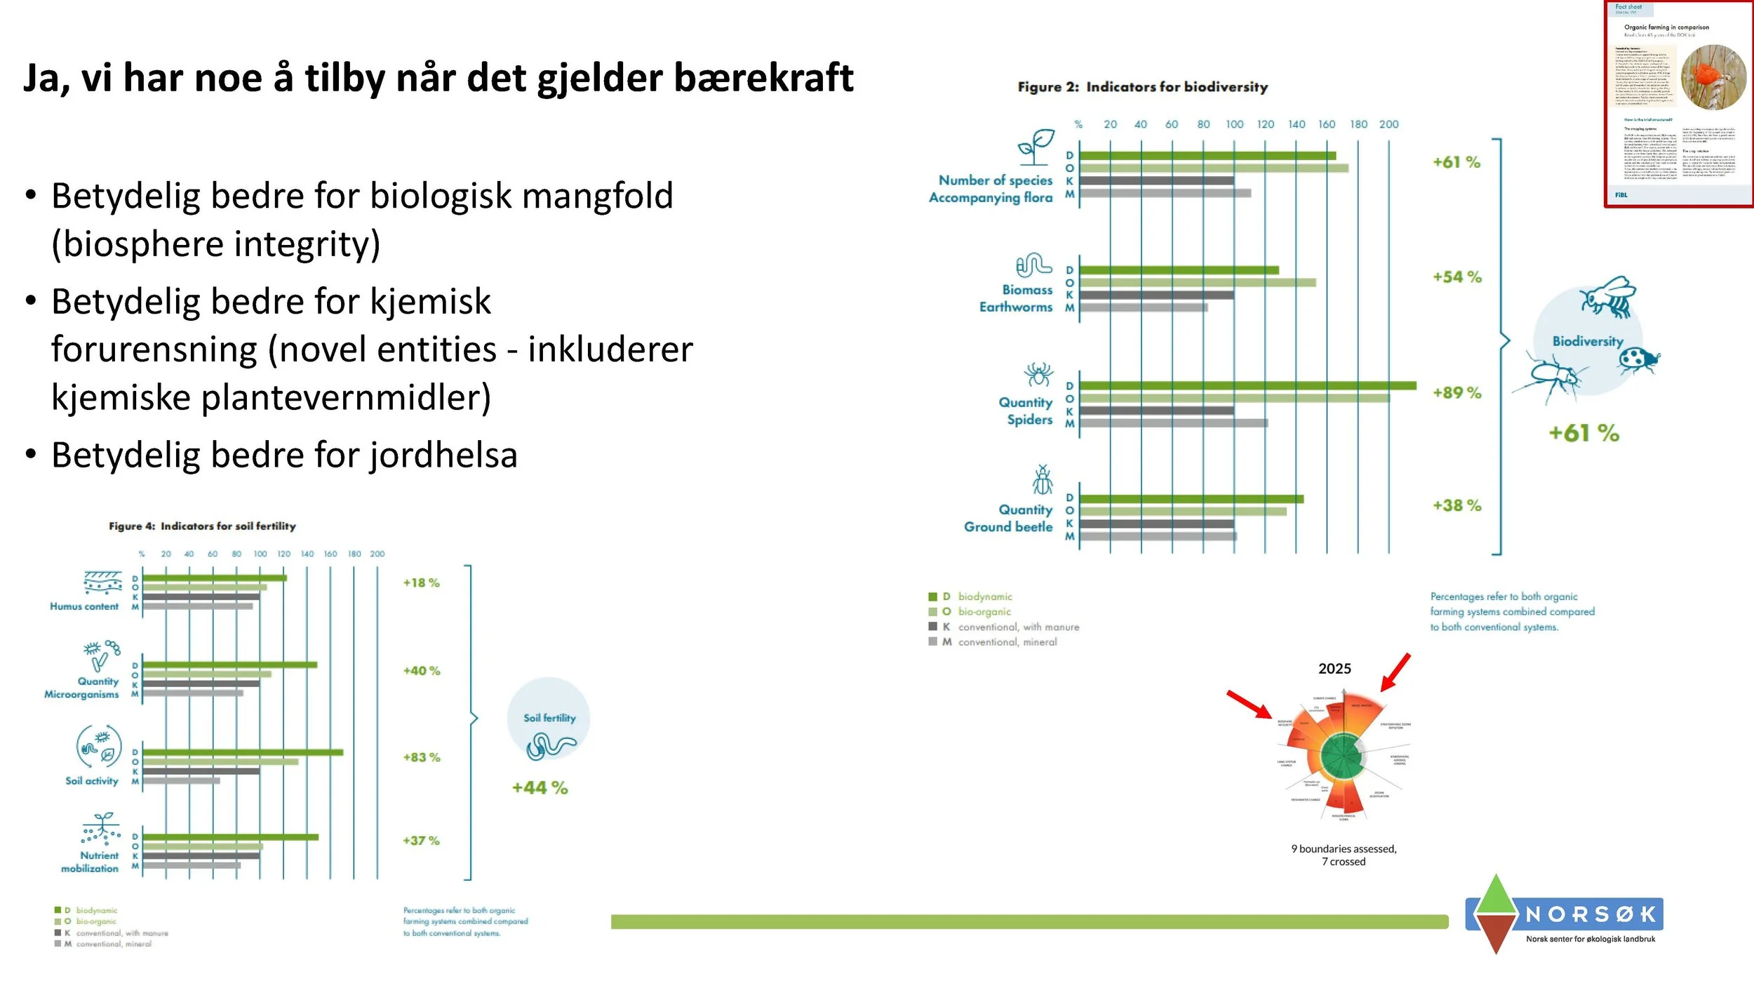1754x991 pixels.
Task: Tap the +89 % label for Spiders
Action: [1457, 393]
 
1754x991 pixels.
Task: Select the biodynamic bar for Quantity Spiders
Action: [1247, 385]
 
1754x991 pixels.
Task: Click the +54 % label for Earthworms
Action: [1457, 277]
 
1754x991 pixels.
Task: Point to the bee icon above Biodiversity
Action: [1608, 296]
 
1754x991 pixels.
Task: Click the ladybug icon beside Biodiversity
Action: [1638, 360]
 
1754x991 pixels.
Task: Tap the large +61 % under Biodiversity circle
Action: [1584, 433]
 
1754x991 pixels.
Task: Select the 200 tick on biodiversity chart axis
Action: [1388, 124]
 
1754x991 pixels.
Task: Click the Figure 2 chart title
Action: [1142, 87]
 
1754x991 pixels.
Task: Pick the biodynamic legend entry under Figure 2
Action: [984, 597]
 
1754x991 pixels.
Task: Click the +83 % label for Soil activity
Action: [421, 757]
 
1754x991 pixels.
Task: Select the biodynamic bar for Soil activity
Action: [243, 752]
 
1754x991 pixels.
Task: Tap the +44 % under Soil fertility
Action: [540, 788]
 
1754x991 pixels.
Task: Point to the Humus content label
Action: [84, 606]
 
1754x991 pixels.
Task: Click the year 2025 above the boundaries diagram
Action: [1334, 669]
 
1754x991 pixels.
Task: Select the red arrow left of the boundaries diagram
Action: [1250, 705]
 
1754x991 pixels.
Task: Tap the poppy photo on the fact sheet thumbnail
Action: [1713, 77]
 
